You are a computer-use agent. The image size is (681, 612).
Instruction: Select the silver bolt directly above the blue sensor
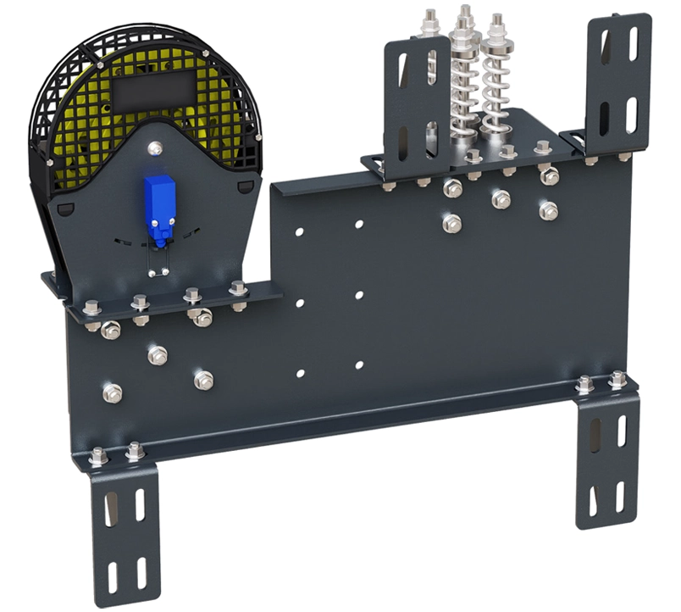tap(153, 148)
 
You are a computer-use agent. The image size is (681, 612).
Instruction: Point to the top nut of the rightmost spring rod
tap(494, 20)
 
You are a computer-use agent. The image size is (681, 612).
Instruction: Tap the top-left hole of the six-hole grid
tap(299, 230)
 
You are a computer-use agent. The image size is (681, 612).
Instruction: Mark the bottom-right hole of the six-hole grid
tap(359, 365)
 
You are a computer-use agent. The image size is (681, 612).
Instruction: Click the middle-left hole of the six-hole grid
tap(299, 302)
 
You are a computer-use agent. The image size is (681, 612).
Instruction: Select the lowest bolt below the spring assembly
tap(452, 223)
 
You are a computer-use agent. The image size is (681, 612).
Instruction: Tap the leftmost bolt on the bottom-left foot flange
tap(98, 456)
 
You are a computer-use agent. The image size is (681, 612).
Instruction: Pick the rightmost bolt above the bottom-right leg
tap(617, 380)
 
